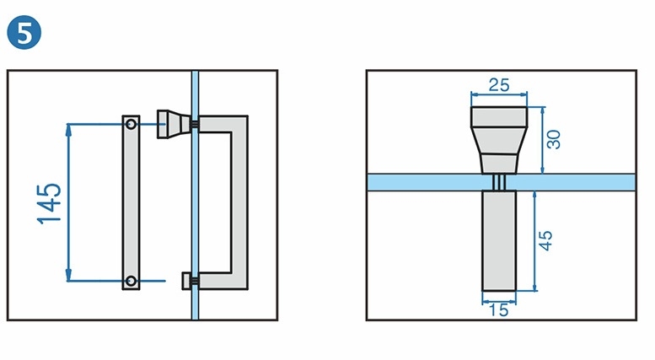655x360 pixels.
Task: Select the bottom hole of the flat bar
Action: [131, 280]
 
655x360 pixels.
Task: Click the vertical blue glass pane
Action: [195, 211]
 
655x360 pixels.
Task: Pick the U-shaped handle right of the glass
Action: [239, 202]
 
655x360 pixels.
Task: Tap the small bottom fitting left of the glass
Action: [186, 279]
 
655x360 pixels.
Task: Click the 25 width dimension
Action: [499, 85]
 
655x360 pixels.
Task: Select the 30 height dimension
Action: [554, 138]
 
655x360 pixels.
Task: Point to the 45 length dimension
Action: [546, 239]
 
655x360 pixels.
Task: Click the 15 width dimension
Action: [498, 309]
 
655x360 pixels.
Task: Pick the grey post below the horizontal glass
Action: [498, 240]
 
